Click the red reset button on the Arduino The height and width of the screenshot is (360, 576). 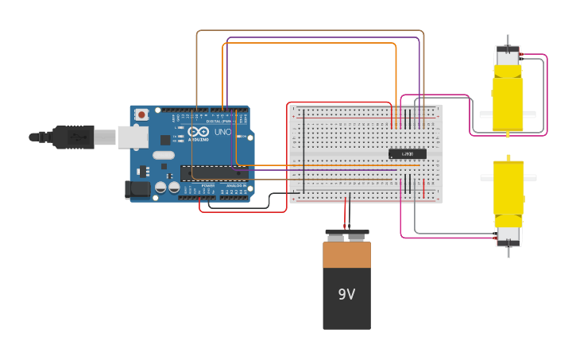[141, 114]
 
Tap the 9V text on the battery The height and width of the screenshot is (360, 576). [346, 294]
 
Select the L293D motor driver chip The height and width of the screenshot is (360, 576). [408, 153]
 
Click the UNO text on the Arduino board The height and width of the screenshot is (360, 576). [222, 131]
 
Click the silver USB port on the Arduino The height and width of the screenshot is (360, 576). [133, 137]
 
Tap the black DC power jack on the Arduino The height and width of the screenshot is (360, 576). [137, 190]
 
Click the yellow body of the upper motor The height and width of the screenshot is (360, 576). [508, 99]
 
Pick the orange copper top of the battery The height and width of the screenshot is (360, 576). [346, 255]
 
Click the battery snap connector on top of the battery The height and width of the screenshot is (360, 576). [346, 235]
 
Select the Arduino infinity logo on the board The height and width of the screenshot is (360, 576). [198, 131]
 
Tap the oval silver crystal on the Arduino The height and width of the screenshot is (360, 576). [163, 155]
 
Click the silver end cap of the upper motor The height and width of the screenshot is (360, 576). [508, 56]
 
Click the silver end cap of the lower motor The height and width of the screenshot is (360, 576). [508, 234]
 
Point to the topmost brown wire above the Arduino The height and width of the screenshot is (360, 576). [310, 31]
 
